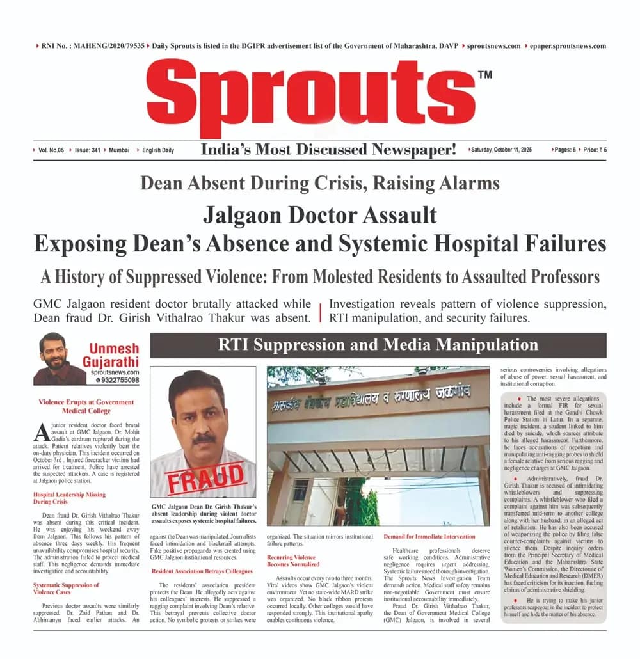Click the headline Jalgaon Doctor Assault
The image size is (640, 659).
point(319,214)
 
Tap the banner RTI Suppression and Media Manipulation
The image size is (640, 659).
point(378,345)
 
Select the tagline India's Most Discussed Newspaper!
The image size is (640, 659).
point(328,150)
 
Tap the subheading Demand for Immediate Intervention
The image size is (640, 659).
point(429,536)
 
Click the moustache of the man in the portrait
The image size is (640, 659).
point(204,439)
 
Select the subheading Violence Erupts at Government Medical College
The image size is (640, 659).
point(86,406)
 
